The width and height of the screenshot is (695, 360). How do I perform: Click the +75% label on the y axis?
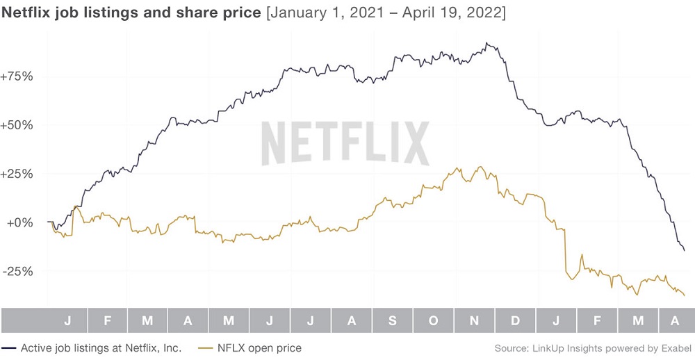(17, 76)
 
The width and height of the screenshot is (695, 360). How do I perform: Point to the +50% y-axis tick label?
(17, 125)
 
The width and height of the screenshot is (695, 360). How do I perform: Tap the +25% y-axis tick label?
(17, 174)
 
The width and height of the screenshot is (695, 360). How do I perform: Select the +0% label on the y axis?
(20, 222)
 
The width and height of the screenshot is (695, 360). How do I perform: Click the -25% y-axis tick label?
(18, 271)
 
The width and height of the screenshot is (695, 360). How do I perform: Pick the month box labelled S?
(392, 320)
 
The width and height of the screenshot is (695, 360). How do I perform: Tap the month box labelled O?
(434, 320)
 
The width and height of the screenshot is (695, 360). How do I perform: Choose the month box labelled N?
(474, 320)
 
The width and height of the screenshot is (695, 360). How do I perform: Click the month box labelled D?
(515, 320)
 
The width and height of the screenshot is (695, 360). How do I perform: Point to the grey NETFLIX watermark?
(345, 143)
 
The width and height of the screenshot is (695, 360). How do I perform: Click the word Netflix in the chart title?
(26, 13)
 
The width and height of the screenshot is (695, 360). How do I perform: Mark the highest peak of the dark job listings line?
(486, 43)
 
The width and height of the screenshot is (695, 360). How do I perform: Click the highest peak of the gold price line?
(480, 167)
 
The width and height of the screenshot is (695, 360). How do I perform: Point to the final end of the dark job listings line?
(685, 251)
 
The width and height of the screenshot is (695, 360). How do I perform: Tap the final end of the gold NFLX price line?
(685, 295)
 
